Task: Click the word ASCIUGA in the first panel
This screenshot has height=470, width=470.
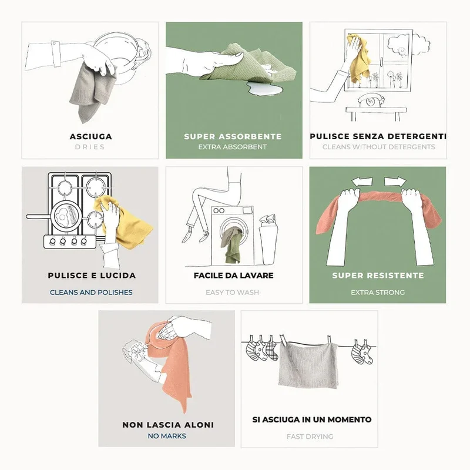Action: coord(91,137)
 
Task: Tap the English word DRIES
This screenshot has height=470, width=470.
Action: coord(90,147)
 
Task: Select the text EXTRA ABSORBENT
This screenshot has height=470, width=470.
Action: coord(232,147)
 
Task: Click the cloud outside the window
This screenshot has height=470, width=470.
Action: coord(408,43)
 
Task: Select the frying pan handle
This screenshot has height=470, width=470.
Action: coord(38,216)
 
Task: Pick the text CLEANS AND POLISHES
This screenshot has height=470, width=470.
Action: coord(91,292)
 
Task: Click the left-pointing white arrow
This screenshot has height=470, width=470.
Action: coord(362,182)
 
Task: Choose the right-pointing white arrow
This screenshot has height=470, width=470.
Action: coord(395,182)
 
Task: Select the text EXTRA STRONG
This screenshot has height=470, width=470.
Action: coord(378,292)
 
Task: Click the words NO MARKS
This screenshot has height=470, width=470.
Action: coord(167,436)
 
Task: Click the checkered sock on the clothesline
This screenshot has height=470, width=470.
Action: coord(272,351)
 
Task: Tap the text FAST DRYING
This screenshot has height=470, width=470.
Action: coord(310,437)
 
